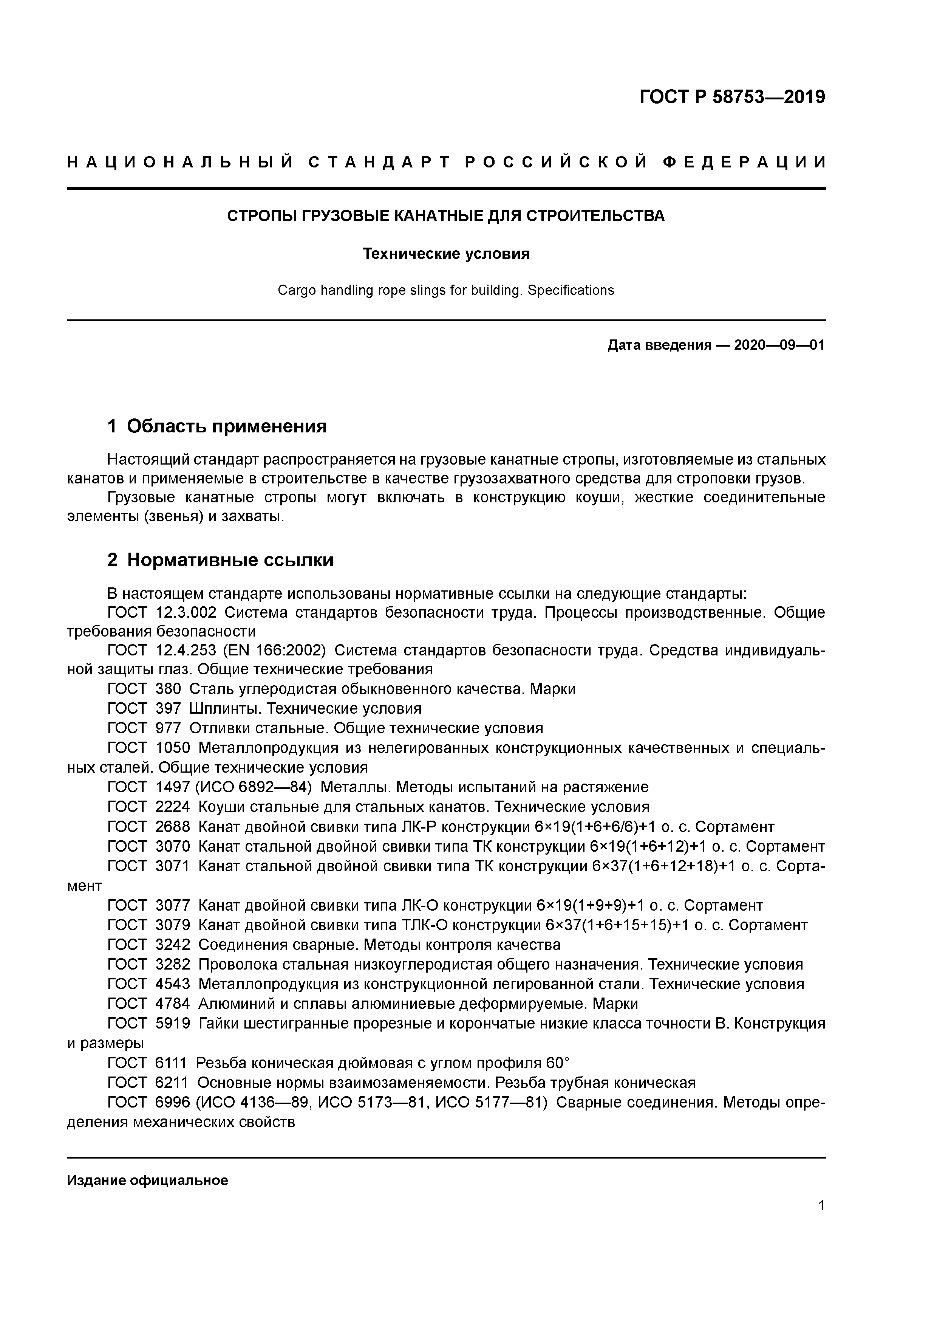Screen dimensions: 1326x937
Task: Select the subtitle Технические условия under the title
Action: tap(446, 254)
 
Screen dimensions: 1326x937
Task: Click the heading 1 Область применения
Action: tap(217, 427)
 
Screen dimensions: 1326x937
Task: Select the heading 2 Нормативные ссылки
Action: tap(221, 560)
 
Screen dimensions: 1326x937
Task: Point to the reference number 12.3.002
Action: tap(186, 613)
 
